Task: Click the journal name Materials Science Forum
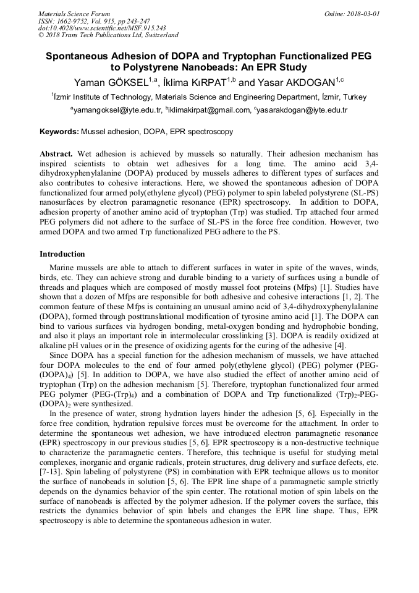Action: coord(74,14)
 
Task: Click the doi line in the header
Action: coord(102,28)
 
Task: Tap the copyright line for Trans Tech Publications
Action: coord(108,35)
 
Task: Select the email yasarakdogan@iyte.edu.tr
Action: coord(302,111)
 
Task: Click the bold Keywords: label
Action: coord(59,132)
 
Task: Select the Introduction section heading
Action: coord(62,254)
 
